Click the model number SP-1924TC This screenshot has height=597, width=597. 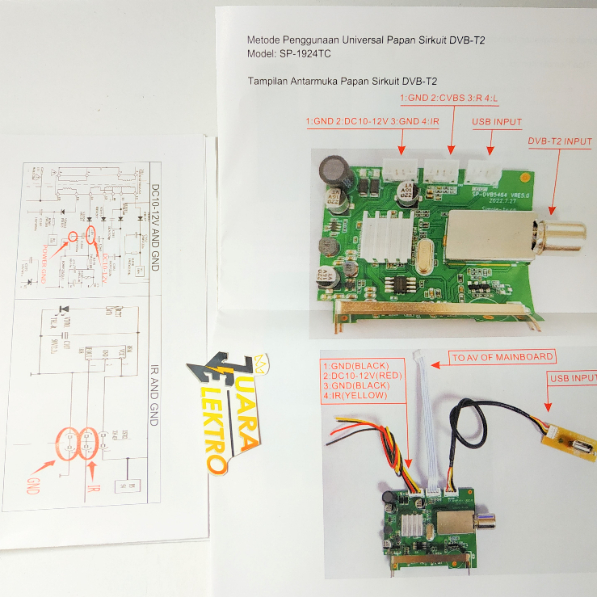click(304, 53)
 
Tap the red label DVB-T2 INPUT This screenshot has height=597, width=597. click(560, 141)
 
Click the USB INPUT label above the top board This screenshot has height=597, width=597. click(497, 123)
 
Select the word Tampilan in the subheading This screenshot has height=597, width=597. click(271, 81)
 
